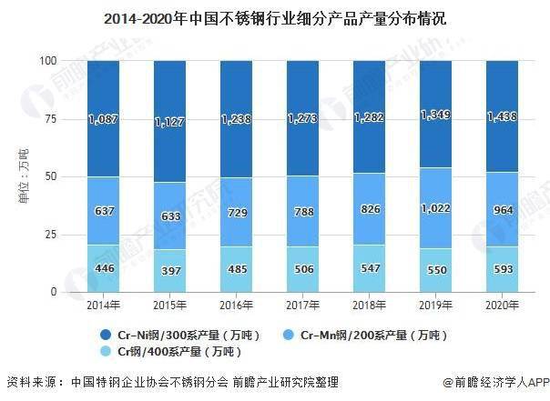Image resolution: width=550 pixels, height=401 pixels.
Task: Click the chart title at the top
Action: [274, 17]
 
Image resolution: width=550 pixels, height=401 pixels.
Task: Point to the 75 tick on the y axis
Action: [52, 118]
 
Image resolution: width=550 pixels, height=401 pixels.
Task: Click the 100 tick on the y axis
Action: [49, 61]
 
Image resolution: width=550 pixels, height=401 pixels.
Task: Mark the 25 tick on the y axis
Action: [52, 234]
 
